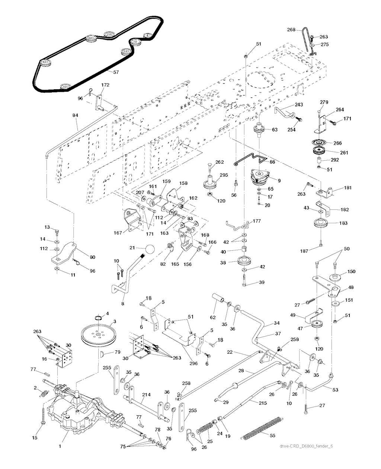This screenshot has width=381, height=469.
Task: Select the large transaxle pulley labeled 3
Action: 98,335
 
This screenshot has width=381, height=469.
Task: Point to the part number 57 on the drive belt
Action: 116,72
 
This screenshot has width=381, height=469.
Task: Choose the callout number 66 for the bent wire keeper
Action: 272,162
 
